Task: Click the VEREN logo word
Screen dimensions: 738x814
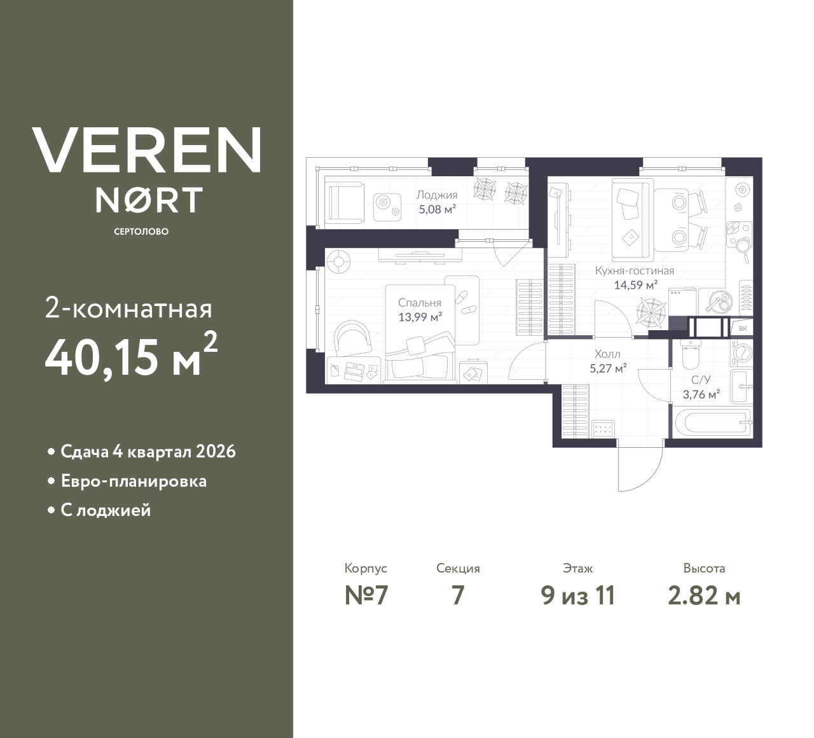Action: pos(147,150)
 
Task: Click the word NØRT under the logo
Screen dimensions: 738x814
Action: pos(149,200)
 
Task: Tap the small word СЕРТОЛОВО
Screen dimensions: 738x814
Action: pos(141,232)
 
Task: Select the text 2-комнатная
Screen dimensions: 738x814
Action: pos(128,309)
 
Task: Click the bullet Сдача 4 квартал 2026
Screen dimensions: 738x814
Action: pos(148,452)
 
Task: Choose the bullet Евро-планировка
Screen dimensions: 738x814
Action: pos(134,481)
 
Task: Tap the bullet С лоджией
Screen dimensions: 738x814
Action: pos(106,510)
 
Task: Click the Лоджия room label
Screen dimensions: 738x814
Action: pos(437,195)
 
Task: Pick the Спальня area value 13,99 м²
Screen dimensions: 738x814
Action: pos(420,316)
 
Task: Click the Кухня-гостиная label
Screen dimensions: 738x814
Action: pos(634,271)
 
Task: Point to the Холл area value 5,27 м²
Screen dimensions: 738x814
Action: pos(608,367)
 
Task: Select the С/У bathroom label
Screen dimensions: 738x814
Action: pos(701,380)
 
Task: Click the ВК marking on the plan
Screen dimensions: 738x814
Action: pos(743,328)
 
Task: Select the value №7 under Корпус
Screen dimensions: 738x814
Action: pos(366,596)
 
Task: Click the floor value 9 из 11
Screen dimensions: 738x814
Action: pos(578,596)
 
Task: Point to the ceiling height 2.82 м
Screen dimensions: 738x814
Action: pos(704,596)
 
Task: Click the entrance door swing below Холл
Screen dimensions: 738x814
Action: pos(639,468)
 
